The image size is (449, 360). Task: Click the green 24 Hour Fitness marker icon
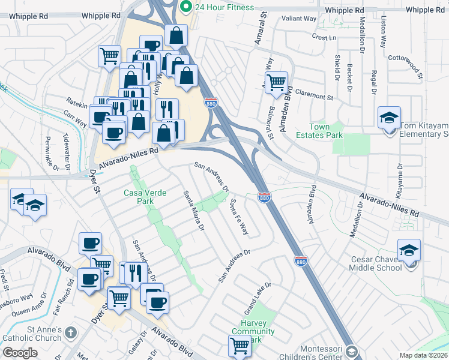186,7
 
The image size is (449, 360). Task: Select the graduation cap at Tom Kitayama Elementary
389,117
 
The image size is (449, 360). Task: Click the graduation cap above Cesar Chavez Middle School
409,249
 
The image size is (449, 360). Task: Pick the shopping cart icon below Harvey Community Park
240,346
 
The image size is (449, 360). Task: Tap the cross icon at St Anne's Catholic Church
70,332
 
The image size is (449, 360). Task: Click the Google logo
20,353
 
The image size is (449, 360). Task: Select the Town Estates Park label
327,131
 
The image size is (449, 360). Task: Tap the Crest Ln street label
324,37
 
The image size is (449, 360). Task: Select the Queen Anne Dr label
29,311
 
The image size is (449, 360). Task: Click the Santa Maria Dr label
194,210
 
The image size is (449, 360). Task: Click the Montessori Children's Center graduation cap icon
352,352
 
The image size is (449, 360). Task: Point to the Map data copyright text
423,355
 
